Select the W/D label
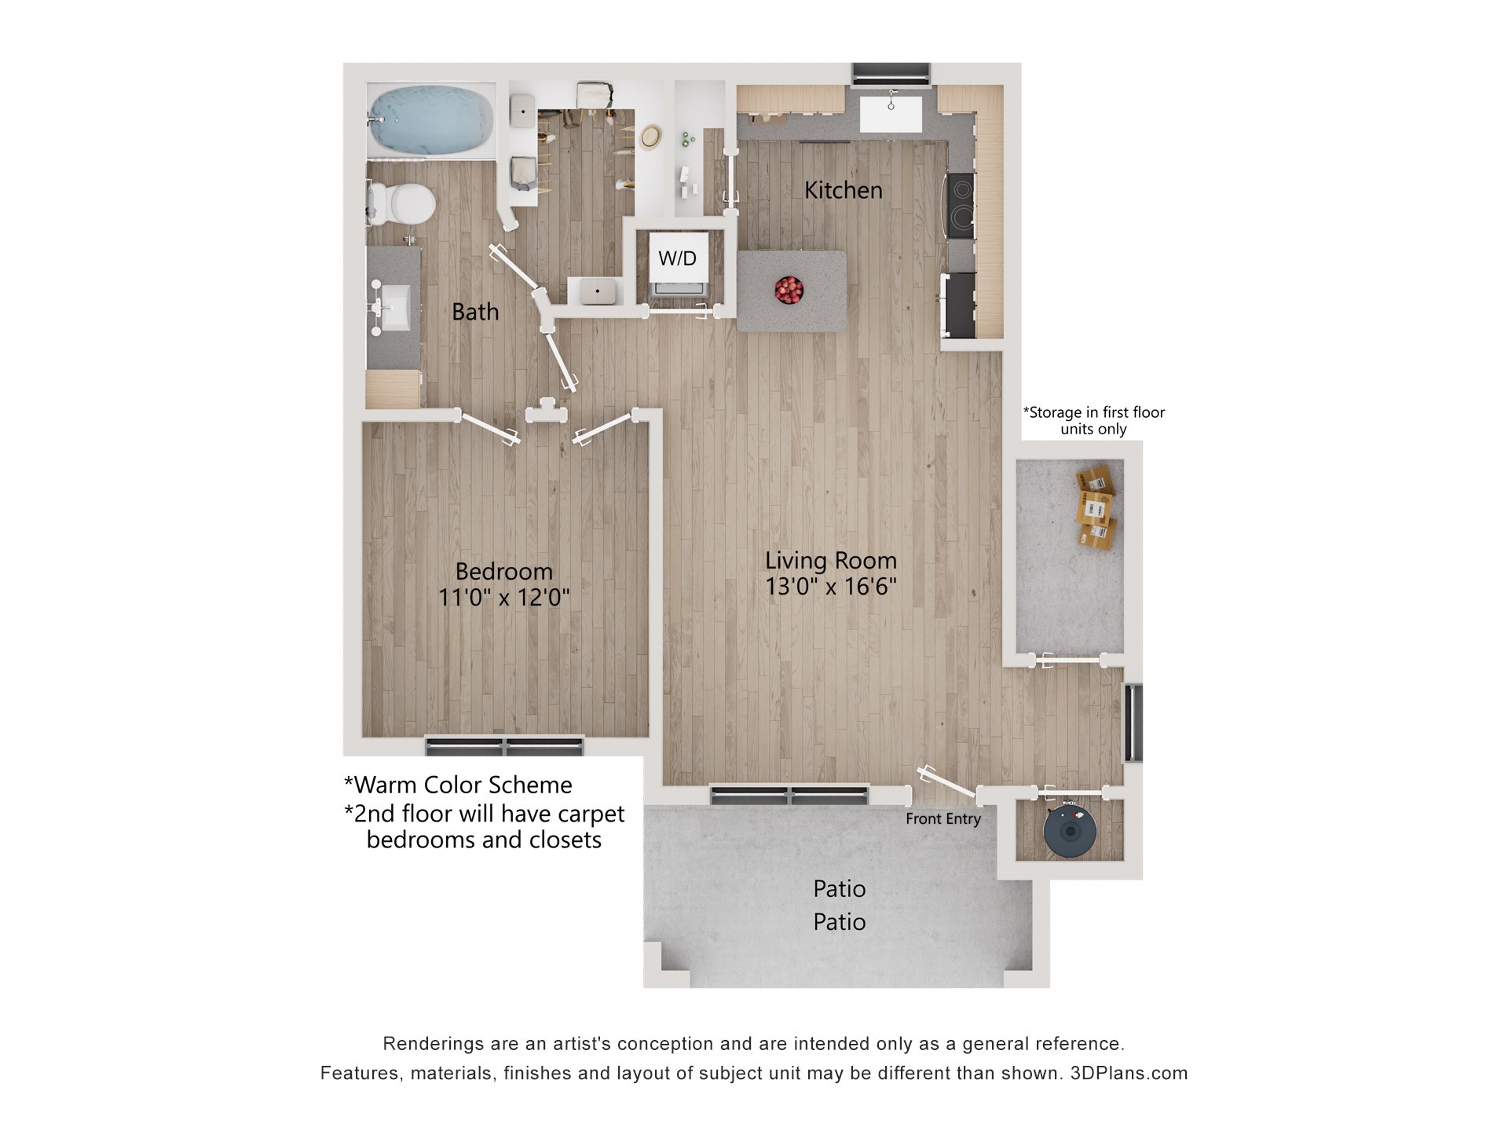point(677,258)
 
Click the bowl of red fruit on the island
point(789,290)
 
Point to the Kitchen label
point(843,190)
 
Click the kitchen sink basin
point(891,115)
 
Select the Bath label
point(475,312)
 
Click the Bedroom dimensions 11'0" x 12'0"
point(503,598)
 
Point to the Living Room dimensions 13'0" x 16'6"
point(831,587)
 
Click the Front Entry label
point(942,819)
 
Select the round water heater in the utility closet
point(1070,830)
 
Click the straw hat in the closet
point(650,137)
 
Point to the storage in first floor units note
point(1093,420)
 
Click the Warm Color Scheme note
point(458,785)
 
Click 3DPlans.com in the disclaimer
point(1129,1073)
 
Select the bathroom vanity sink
point(390,307)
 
